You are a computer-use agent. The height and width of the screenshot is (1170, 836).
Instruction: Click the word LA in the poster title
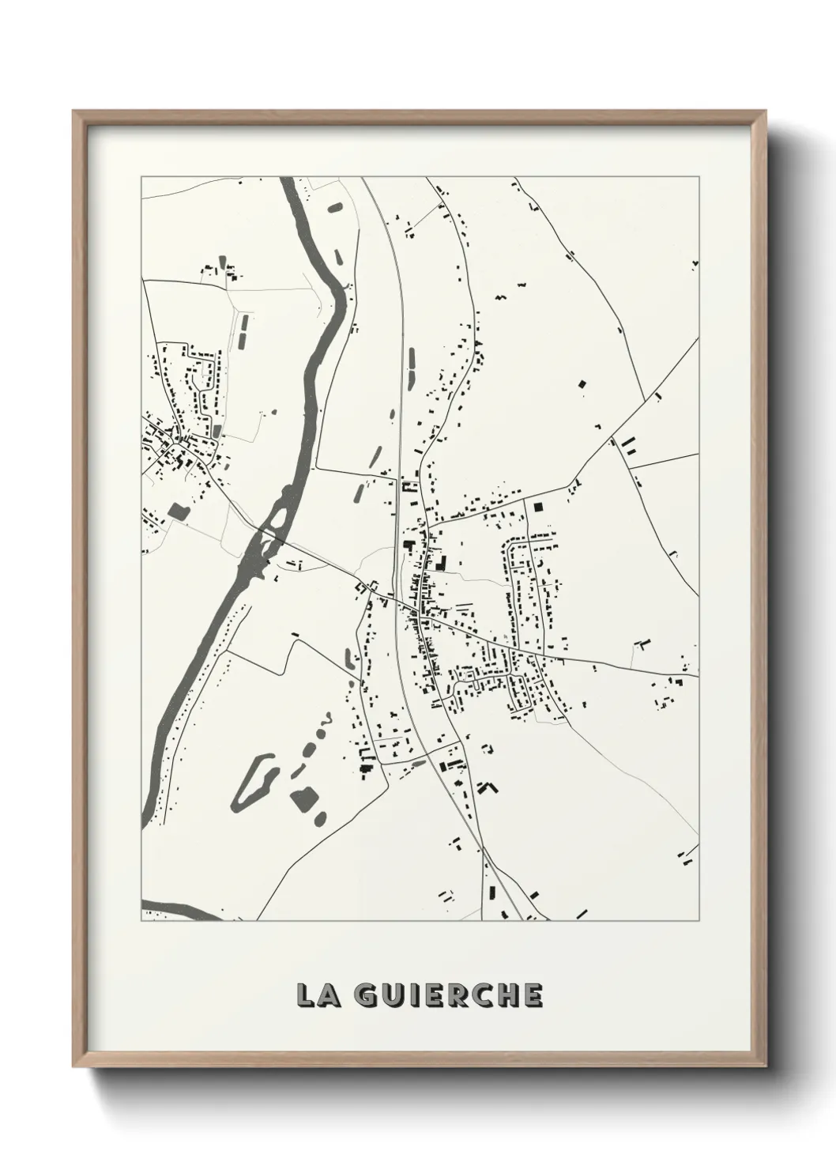click(314, 996)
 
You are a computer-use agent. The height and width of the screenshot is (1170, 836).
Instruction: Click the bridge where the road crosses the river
click(266, 535)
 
